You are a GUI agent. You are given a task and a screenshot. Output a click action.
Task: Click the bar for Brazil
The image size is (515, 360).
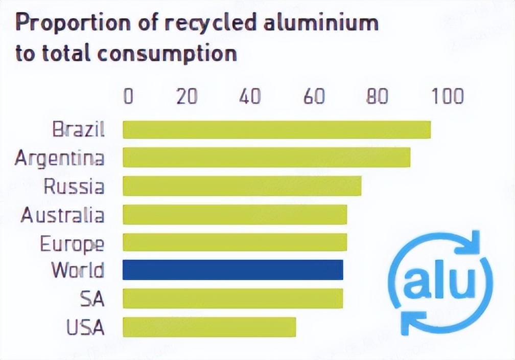point(276,129)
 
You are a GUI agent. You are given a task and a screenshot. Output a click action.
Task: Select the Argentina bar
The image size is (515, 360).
point(266,157)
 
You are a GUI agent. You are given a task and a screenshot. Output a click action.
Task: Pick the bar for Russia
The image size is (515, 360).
point(242,186)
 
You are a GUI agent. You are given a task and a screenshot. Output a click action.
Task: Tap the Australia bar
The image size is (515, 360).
point(235,215)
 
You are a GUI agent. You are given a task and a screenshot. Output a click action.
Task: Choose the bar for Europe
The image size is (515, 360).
point(235,242)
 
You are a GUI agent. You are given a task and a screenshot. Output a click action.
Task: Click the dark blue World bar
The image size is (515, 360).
point(232,270)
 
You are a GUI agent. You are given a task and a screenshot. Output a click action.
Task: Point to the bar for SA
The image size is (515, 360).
point(232,299)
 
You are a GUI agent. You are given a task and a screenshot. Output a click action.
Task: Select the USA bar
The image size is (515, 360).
point(209,327)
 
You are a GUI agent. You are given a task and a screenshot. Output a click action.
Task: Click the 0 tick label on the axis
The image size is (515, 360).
point(128,96)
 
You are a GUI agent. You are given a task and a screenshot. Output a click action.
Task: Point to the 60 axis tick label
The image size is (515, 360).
point(314,96)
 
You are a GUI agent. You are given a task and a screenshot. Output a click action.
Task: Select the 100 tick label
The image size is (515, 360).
point(446,96)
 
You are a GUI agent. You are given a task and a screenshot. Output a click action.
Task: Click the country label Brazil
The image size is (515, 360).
point(79,129)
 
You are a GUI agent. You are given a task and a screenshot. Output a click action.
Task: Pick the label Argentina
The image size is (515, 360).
point(59,158)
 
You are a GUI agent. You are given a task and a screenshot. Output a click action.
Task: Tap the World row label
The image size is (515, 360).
point(78,270)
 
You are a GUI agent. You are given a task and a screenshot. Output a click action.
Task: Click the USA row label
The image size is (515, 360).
point(85,327)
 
